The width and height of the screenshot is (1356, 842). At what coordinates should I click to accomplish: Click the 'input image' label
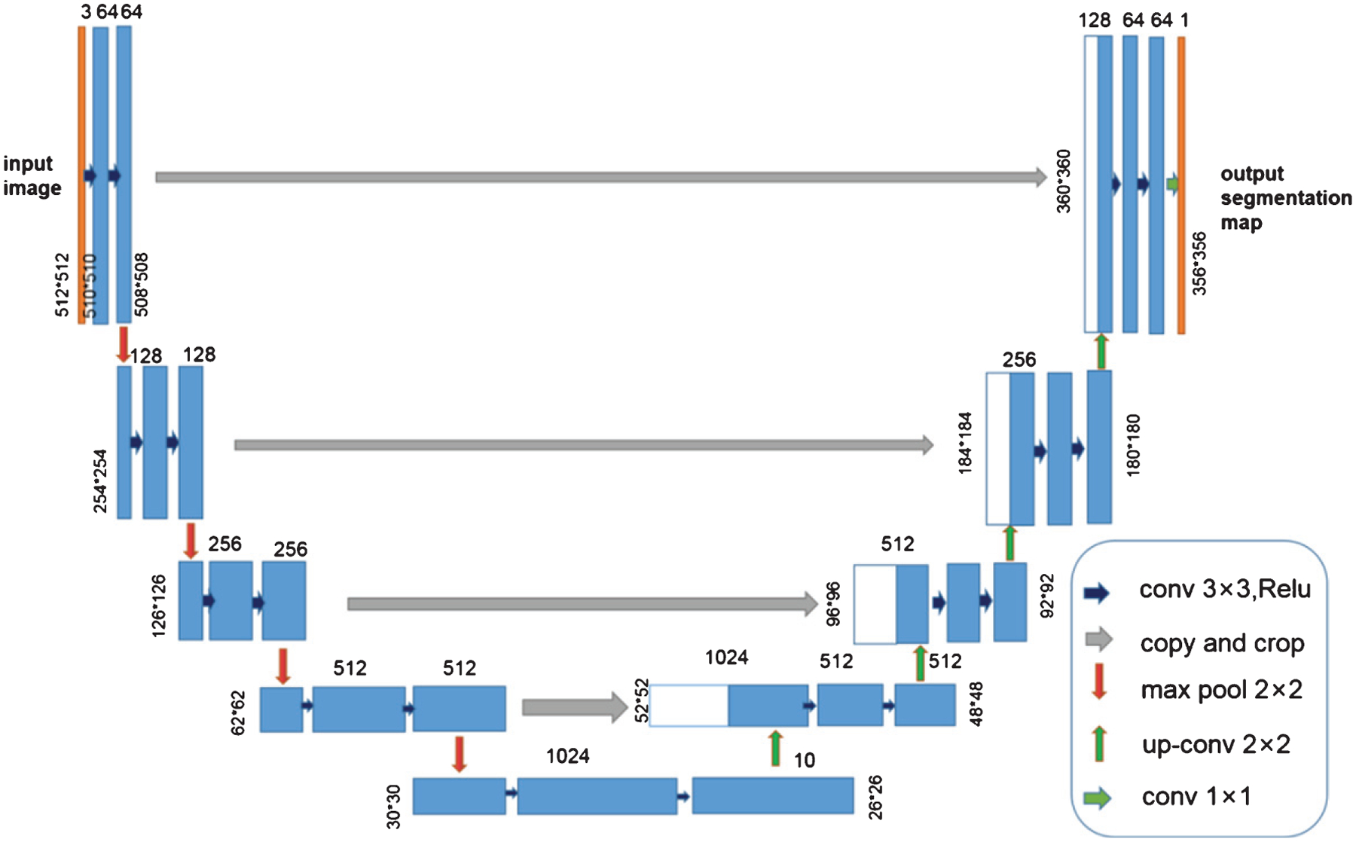click(32, 175)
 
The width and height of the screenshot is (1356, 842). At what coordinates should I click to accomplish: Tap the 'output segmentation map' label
click(1285, 198)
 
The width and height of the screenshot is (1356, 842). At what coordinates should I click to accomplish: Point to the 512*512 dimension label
click(63, 285)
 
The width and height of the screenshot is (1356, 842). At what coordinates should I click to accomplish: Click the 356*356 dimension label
click(1199, 264)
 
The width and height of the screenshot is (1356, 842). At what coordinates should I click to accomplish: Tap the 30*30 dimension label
click(394, 806)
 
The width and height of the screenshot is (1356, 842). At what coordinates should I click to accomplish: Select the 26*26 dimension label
click(875, 798)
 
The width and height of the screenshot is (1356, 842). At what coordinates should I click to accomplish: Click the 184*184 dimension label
click(966, 443)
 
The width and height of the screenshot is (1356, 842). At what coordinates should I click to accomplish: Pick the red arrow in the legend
click(1099, 682)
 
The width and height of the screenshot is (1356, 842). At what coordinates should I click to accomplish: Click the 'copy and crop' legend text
click(1222, 643)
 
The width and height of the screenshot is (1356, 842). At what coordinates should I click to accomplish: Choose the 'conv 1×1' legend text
click(1196, 796)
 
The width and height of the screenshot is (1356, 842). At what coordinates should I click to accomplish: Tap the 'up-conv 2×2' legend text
click(1216, 745)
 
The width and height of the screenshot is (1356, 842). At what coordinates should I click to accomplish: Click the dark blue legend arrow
click(1097, 593)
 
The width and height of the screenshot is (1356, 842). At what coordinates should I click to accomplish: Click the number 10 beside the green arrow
click(805, 760)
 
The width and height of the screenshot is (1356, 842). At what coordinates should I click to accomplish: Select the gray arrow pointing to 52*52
click(574, 707)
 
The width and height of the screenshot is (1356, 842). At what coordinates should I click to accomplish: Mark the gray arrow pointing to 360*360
click(600, 178)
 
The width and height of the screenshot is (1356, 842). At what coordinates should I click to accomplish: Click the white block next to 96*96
click(875, 604)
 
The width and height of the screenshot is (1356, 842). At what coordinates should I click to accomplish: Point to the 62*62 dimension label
click(238, 713)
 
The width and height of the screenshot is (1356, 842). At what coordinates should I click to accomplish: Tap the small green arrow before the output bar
click(1171, 184)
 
